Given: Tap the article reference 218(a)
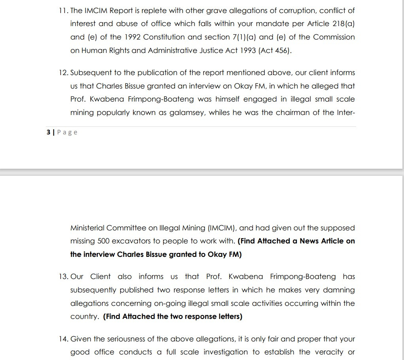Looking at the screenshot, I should click(344, 24).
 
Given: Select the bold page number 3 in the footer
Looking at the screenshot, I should click(48, 132).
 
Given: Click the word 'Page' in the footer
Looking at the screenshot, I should click(67, 132).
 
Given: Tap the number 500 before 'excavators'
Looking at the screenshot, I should click(103, 241).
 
